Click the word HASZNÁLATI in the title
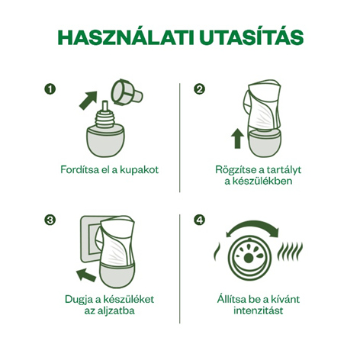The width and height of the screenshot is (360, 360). click(x=126, y=37)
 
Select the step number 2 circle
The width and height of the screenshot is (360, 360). click(x=199, y=89)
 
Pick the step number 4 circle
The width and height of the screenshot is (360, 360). click(x=199, y=220)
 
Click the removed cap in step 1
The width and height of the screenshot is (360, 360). click(x=127, y=92)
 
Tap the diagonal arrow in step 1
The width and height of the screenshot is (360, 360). click(x=88, y=100)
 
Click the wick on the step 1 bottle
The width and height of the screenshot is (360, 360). click(x=104, y=107)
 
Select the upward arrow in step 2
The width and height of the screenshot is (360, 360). click(x=237, y=138)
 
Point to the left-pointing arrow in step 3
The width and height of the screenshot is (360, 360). click(x=86, y=275)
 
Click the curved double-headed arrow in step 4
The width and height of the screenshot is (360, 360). click(x=252, y=226)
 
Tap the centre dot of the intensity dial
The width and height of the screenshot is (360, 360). click(x=249, y=259)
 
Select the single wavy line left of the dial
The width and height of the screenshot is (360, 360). click(x=217, y=252)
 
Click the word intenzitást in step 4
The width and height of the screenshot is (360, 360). click(x=259, y=310)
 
